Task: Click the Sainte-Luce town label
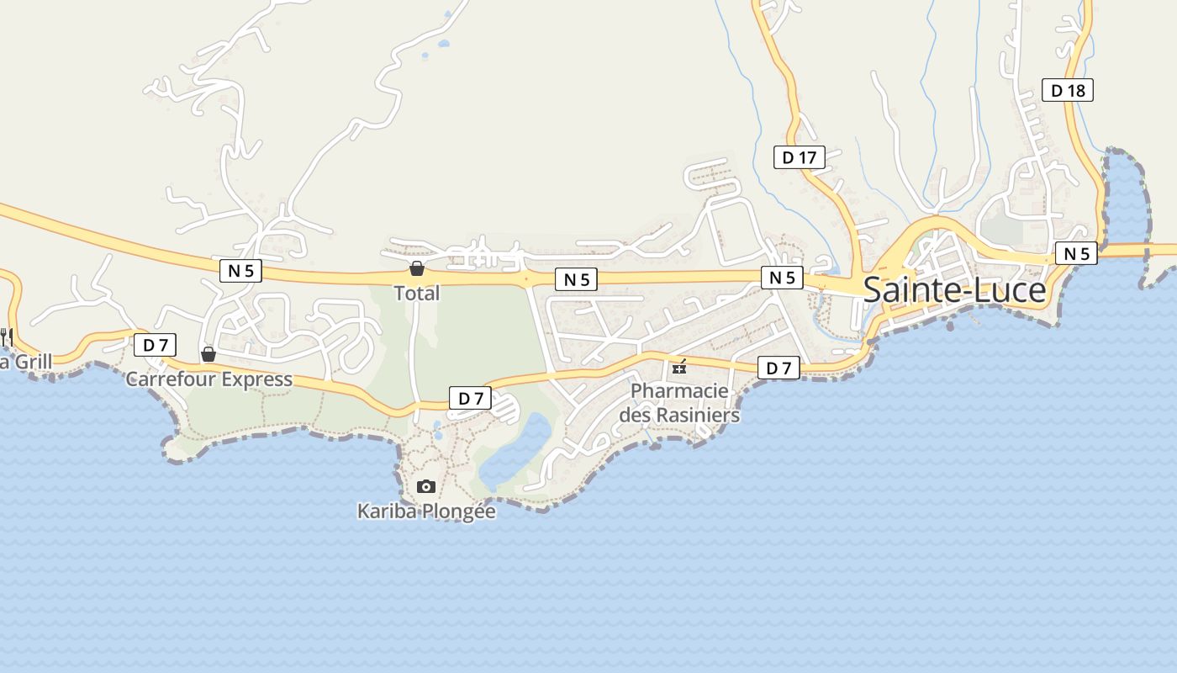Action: click(x=954, y=290)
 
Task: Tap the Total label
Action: click(x=417, y=294)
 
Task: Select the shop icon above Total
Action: click(x=416, y=268)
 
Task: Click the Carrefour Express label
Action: click(x=209, y=379)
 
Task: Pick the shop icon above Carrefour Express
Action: click(x=208, y=354)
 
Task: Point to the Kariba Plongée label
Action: click(x=426, y=511)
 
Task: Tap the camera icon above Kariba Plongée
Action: click(x=426, y=486)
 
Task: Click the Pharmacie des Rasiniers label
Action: click(x=679, y=403)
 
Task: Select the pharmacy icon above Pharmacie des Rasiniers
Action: click(x=679, y=367)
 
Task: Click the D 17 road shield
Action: click(x=800, y=157)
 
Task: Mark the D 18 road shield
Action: click(x=1068, y=90)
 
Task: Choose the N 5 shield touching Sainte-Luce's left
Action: click(x=782, y=278)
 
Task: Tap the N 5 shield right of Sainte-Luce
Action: click(x=1076, y=253)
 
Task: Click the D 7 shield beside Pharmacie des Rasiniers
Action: click(x=779, y=368)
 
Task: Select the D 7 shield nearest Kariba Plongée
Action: click(x=470, y=398)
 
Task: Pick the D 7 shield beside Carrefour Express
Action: click(x=156, y=344)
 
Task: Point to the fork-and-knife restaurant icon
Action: click(x=7, y=336)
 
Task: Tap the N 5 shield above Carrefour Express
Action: click(x=240, y=270)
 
